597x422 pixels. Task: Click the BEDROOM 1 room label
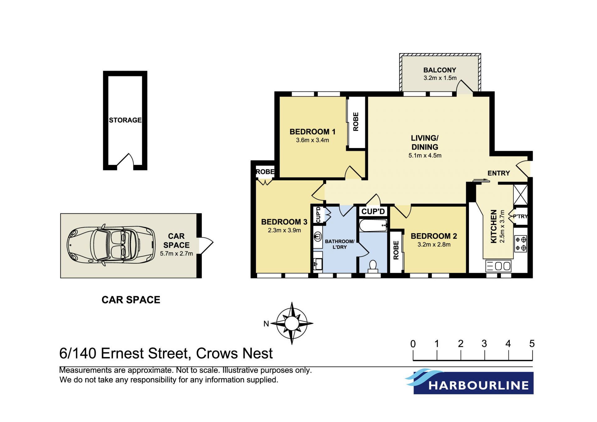click(312, 132)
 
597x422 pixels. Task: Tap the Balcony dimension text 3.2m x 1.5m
click(440, 78)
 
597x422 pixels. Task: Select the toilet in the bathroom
click(373, 267)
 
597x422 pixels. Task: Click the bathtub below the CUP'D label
click(373, 225)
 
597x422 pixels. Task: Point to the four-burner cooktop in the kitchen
click(521, 244)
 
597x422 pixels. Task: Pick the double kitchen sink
click(498, 266)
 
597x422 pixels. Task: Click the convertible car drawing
click(111, 245)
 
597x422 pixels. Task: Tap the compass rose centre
click(292, 323)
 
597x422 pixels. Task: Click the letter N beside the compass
click(266, 324)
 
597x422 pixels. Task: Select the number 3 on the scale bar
click(484, 344)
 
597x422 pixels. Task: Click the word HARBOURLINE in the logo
click(479, 386)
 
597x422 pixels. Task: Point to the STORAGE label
click(125, 120)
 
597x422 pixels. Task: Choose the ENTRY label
click(499, 173)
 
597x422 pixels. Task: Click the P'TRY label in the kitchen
click(520, 216)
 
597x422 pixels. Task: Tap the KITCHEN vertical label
click(493, 226)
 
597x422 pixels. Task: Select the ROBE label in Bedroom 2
click(396, 250)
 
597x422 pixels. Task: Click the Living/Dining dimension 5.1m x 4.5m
click(425, 155)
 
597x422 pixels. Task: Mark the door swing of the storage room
click(125, 160)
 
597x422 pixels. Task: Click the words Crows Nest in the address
click(234, 354)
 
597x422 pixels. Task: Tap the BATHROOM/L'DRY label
click(340, 244)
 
